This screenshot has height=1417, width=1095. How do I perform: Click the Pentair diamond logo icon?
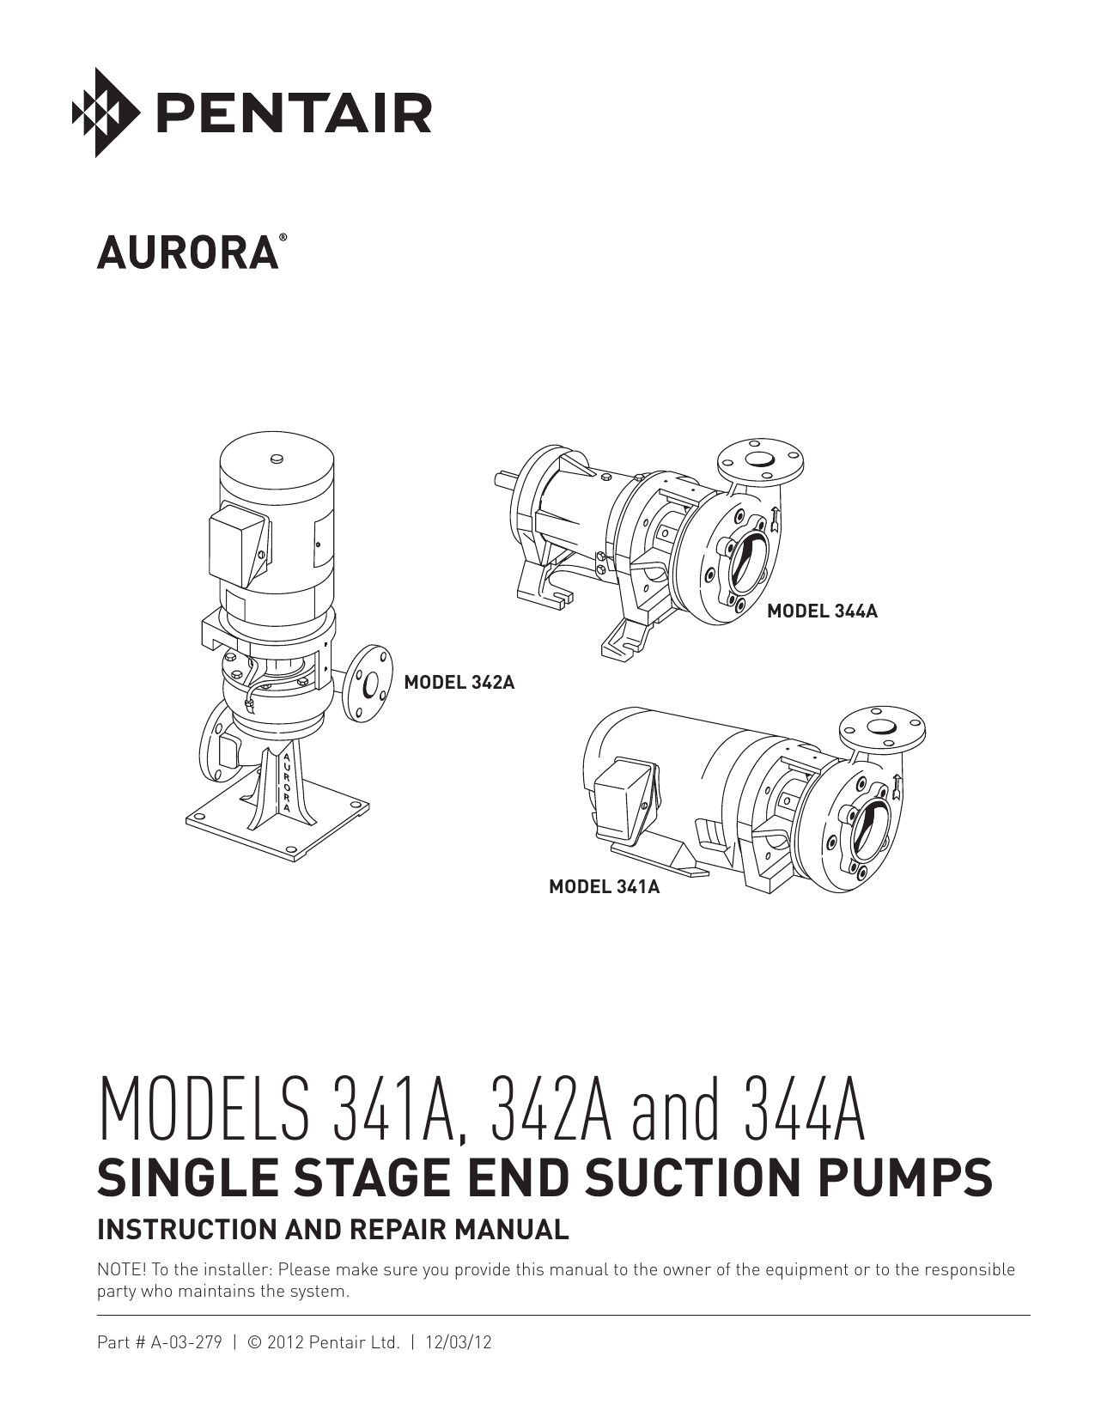[106, 113]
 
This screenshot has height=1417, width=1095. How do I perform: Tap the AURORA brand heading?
[187, 252]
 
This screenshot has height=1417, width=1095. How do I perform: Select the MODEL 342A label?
[459, 683]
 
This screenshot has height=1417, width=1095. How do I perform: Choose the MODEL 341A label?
[604, 886]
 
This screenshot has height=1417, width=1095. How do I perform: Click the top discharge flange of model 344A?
[760, 462]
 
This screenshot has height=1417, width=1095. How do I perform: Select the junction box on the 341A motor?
[625, 799]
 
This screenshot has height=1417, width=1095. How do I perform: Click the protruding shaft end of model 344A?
[501, 478]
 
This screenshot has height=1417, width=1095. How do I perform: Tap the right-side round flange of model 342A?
[368, 684]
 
